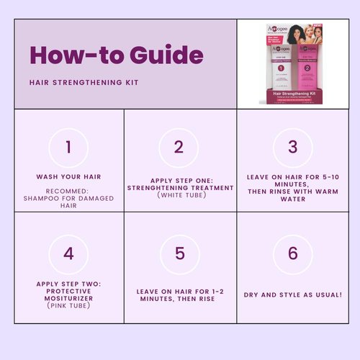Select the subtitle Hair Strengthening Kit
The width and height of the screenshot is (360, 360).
[84, 82]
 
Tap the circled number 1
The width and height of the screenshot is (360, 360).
[68, 148]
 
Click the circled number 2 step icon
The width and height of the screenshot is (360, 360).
[179, 148]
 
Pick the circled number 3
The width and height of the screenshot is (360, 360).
[292, 148]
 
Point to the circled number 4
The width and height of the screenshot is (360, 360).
[68, 253]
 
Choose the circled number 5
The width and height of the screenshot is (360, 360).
[179, 253]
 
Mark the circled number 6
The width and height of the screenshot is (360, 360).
[292, 253]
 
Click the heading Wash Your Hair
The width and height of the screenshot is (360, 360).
[68, 176]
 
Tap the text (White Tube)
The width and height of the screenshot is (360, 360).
[179, 195]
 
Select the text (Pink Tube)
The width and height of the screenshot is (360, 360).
[68, 306]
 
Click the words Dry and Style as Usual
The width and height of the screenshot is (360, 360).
[292, 295]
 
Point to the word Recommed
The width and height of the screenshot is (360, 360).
[68, 191]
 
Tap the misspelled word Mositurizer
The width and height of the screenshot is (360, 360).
[68, 297]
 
